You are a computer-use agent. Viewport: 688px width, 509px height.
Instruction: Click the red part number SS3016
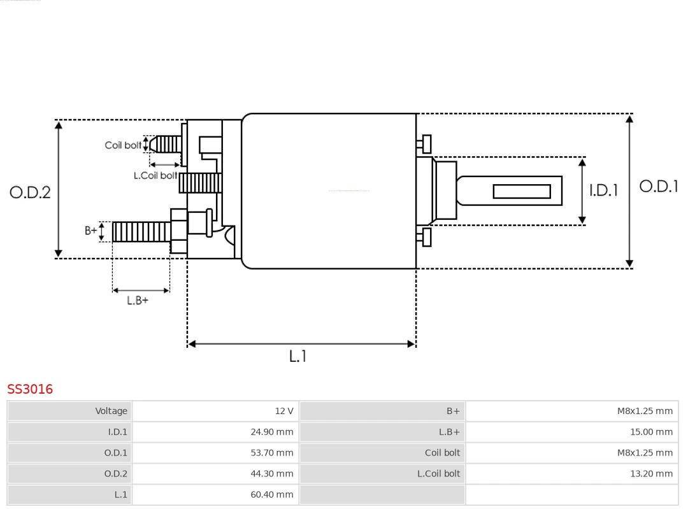[x=30, y=389]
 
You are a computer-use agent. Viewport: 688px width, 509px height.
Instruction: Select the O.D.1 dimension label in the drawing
[x=658, y=186]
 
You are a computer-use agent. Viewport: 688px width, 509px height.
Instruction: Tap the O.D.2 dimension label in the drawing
[x=30, y=192]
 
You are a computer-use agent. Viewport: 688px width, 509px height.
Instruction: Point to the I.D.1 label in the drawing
[x=603, y=190]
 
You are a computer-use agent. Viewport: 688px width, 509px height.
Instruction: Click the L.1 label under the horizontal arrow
[x=297, y=357]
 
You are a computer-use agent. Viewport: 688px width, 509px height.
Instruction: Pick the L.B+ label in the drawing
[x=137, y=301]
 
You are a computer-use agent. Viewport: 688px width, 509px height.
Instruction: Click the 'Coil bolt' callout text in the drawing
[x=123, y=145]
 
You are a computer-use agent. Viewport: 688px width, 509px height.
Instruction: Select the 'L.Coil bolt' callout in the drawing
[x=155, y=175]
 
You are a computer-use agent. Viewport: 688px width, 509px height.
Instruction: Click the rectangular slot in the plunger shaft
[x=522, y=191]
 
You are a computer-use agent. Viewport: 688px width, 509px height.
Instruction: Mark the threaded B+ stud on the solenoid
[x=141, y=232]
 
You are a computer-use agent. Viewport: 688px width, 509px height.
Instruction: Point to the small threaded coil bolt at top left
[x=167, y=145]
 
